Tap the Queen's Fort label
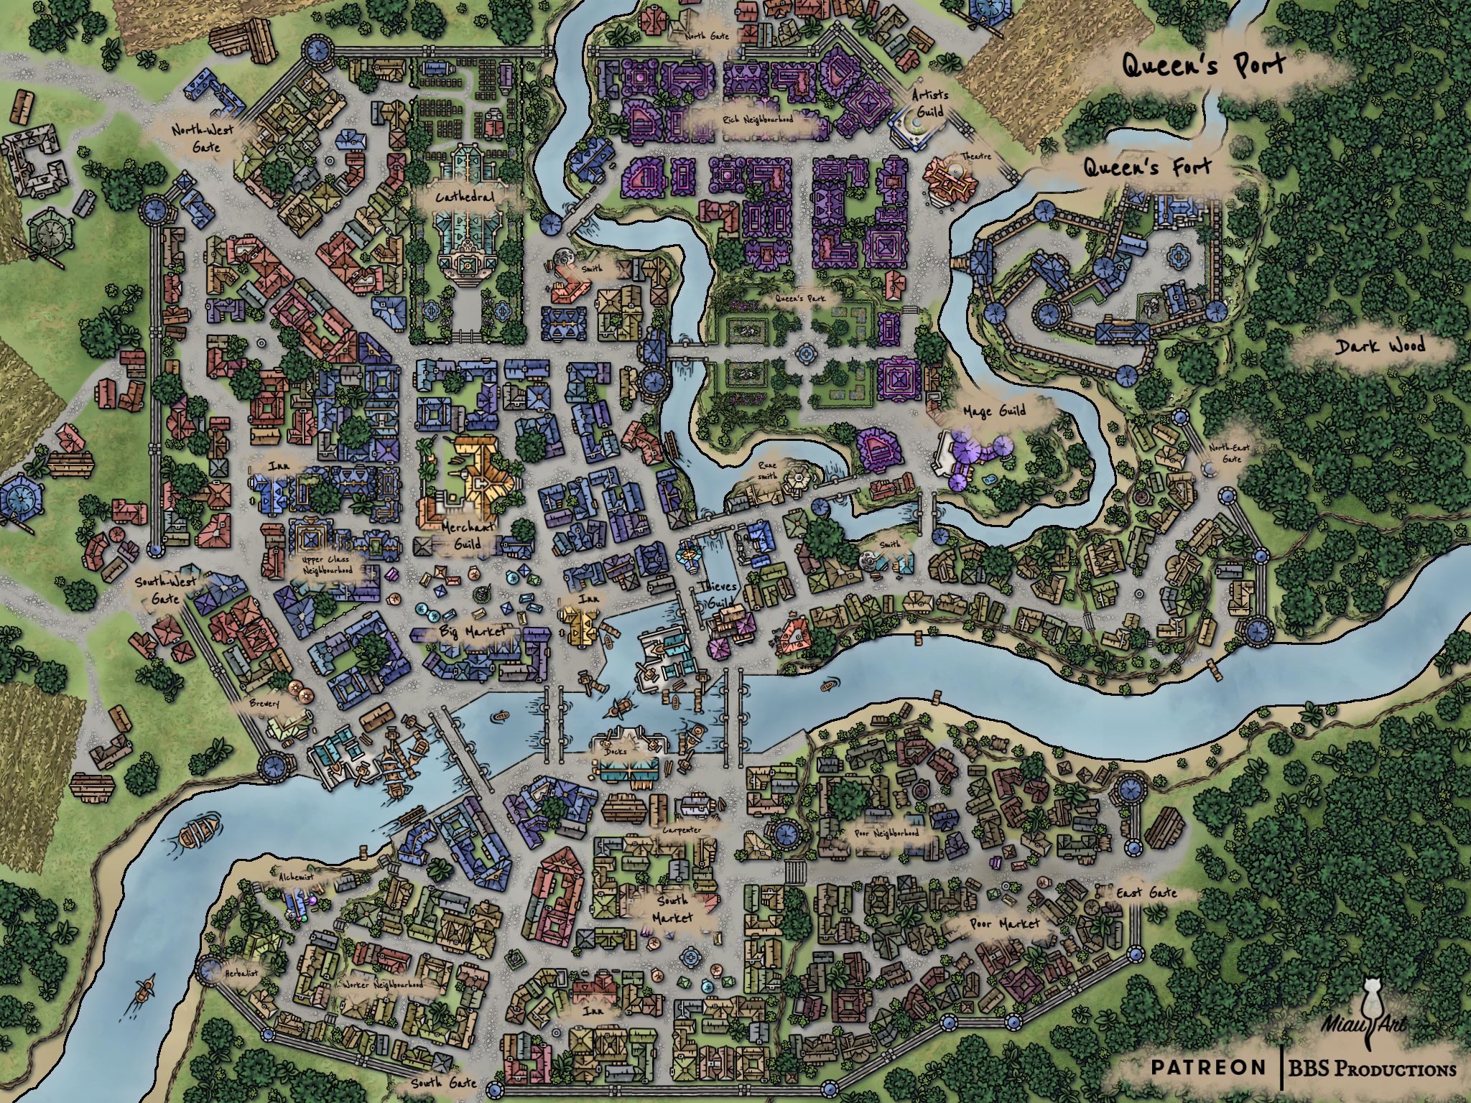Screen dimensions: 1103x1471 tap(1146, 168)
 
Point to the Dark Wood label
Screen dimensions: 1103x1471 tap(1380, 346)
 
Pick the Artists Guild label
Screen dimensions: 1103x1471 tap(930, 103)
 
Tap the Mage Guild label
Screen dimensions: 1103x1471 tap(994, 411)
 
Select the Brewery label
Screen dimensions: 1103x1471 tap(264, 704)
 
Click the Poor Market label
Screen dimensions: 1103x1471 tap(1004, 923)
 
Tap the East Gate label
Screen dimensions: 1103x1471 tap(1146, 893)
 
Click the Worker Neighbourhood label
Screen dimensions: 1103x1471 tap(383, 985)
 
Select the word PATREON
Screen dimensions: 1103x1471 tap(1208, 1067)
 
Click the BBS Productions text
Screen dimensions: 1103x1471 tap(1372, 1069)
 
